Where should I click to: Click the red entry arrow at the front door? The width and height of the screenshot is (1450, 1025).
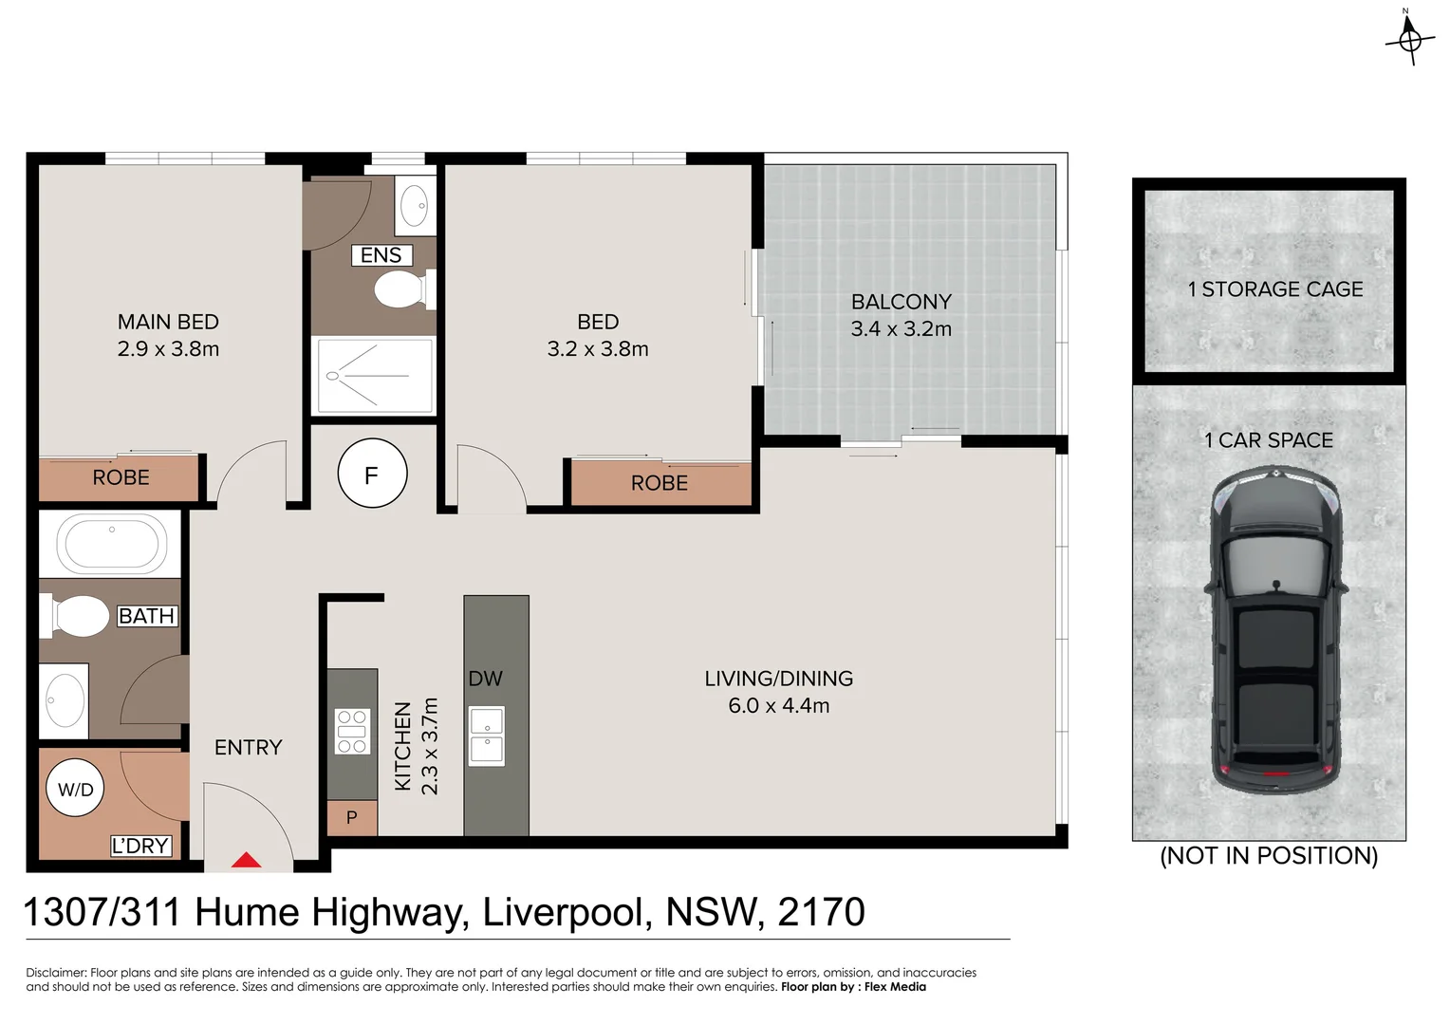tap(247, 861)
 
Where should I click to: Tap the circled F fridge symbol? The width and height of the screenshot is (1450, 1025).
tap(372, 474)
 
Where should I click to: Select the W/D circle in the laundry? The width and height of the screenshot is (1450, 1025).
tap(76, 789)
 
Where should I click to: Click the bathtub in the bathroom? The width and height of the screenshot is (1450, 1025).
tap(111, 544)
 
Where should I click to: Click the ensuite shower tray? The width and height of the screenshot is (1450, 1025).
tap(374, 376)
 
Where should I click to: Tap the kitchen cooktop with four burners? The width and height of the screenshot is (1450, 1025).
tap(352, 732)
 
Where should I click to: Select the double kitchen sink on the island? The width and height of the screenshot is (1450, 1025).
tap(487, 736)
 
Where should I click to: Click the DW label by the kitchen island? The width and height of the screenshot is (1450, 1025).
tap(485, 679)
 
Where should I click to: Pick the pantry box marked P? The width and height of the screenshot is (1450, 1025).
tap(352, 817)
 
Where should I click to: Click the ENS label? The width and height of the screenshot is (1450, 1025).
tap(381, 255)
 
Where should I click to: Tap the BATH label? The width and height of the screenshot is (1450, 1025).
tap(147, 616)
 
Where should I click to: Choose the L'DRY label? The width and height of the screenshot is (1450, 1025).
tap(140, 846)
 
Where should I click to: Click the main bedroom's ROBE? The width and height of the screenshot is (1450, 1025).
tap(121, 477)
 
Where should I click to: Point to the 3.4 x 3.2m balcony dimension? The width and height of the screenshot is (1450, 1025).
tap(901, 329)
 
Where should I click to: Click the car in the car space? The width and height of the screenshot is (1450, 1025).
tap(1275, 631)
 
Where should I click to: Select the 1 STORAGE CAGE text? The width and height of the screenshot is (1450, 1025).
tap(1274, 289)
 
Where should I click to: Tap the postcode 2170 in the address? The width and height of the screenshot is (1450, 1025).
tap(821, 912)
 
